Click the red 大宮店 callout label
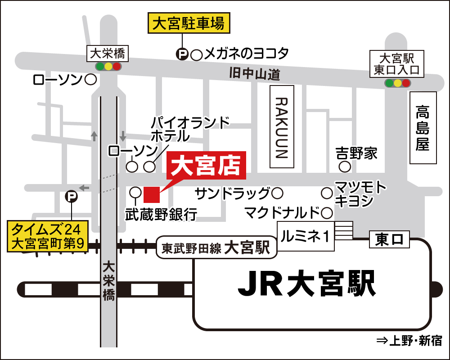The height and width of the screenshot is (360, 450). click(207, 166)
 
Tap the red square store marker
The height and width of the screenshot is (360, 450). click(152, 194)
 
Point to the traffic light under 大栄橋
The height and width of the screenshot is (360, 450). click(108, 67)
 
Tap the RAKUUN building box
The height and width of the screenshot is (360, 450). click(281, 127)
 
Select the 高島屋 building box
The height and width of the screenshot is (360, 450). click(423, 128)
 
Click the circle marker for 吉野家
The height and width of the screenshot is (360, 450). click(345, 167)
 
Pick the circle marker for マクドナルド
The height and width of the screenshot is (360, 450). click(327, 212)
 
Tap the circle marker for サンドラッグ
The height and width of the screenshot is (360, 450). click(278, 193)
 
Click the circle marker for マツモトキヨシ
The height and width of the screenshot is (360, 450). click(327, 193)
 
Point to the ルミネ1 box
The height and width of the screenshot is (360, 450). click(306, 236)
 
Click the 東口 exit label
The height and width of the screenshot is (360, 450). click(389, 239)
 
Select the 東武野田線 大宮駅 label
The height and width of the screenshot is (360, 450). click(216, 247)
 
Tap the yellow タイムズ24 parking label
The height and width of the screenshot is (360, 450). click(48, 237)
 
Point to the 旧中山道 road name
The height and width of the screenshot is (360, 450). click(254, 73)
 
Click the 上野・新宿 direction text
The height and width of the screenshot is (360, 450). click(409, 341)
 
